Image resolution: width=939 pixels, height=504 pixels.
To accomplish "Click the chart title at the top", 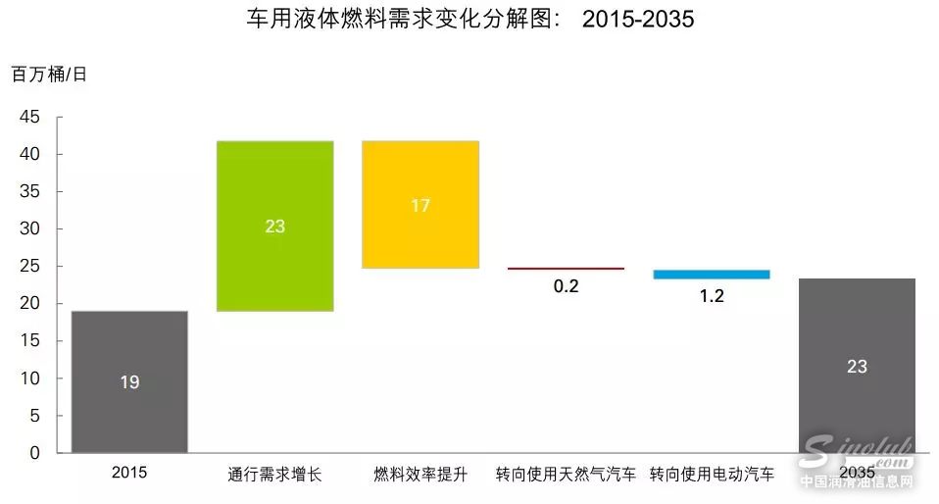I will (470, 19).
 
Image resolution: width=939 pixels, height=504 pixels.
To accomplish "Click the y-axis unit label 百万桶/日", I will (50, 75).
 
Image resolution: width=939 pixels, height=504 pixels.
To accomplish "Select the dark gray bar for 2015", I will (129, 382).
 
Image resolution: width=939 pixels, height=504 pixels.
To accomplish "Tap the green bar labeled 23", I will (274, 227).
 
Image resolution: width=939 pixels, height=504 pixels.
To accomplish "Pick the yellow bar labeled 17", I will (420, 205).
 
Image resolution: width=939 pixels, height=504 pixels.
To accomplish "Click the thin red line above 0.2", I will (566, 268).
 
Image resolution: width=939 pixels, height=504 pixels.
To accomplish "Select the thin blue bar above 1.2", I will (711, 275).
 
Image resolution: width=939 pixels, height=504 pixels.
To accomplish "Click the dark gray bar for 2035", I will (856, 366).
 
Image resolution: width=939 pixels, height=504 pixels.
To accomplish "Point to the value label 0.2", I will (566, 286).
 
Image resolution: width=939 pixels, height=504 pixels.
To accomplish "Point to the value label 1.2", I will (712, 295).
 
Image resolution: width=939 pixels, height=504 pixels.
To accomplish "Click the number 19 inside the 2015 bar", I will (129, 382).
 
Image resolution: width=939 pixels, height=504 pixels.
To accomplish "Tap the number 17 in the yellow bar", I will (420, 206).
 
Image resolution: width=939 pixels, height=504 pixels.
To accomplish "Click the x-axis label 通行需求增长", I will (274, 475).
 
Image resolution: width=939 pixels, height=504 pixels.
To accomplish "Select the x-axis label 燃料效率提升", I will (420, 475).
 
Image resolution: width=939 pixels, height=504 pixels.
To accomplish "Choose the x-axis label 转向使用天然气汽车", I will (566, 475).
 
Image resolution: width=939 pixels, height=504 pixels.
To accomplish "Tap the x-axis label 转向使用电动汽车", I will (712, 475).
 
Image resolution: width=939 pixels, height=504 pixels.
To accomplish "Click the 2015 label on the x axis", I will (129, 473).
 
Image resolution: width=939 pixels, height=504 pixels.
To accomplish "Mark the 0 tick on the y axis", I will (35, 453).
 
